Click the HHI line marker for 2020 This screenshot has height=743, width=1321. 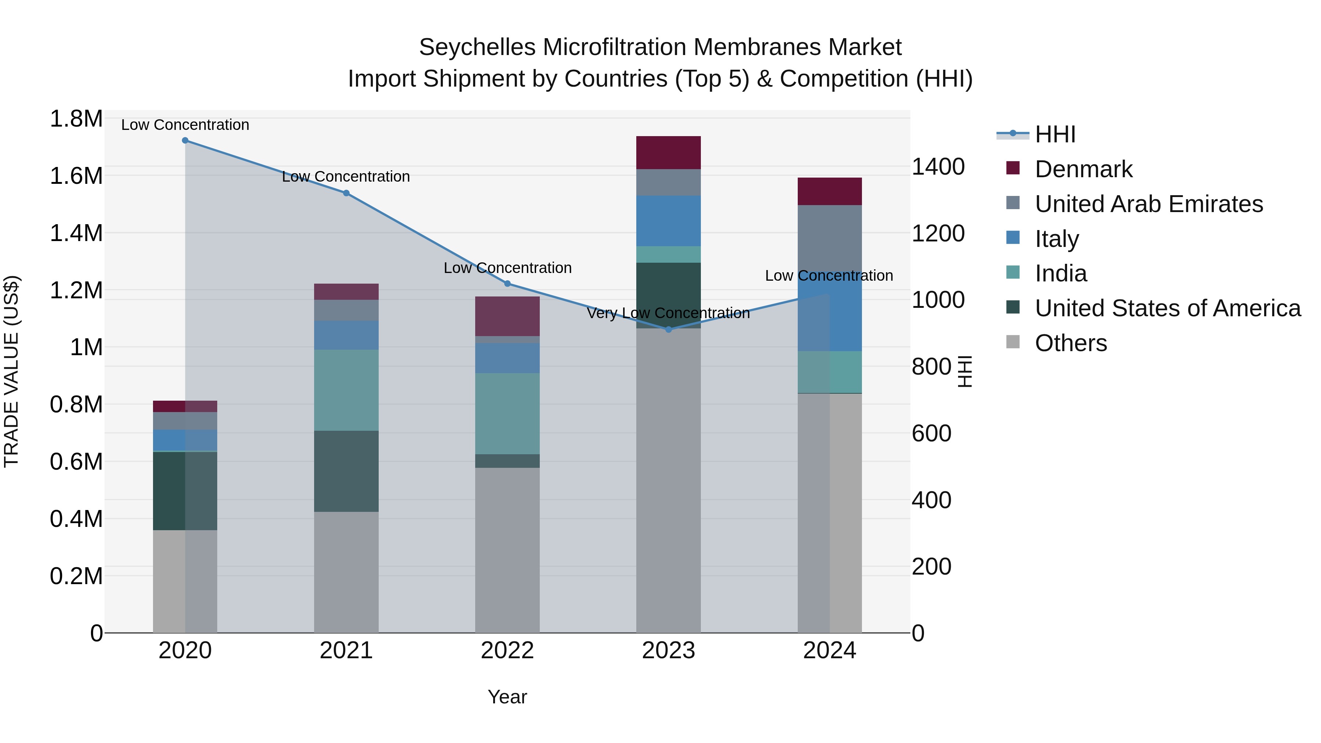[x=185, y=141]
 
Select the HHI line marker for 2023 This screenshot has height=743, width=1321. [x=668, y=330]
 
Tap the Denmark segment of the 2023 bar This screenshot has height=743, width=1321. [x=668, y=153]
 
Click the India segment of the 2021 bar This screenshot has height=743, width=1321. [x=346, y=390]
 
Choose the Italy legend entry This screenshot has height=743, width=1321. [x=1056, y=239]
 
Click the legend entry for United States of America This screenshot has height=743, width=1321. [x=1167, y=309]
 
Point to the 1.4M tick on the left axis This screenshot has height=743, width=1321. [x=76, y=233]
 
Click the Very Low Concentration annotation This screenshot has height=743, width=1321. [x=668, y=313]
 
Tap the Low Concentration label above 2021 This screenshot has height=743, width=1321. [x=346, y=176]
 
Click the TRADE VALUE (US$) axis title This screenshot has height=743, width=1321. [x=11, y=371]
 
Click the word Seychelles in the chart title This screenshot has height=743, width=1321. [x=477, y=47]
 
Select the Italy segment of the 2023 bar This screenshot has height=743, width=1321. [x=668, y=221]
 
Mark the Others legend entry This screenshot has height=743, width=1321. [x=1070, y=343]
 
